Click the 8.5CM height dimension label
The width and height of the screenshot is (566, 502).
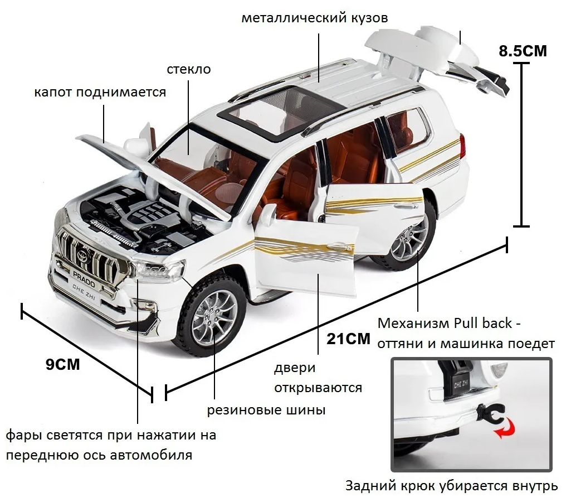pyautogui.click(x=523, y=51)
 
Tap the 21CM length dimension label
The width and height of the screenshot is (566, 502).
pyautogui.click(x=348, y=339)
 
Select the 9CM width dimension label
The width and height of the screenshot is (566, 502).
pyautogui.click(x=62, y=365)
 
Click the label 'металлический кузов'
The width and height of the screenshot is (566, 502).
pyautogui.click(x=314, y=18)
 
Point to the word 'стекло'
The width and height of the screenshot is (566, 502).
pyautogui.click(x=188, y=69)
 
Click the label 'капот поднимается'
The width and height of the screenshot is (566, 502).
pyautogui.click(x=100, y=92)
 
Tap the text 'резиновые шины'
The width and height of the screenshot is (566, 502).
pyautogui.click(x=266, y=411)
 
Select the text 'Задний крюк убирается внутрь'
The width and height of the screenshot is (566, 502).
pyautogui.click(x=451, y=486)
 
